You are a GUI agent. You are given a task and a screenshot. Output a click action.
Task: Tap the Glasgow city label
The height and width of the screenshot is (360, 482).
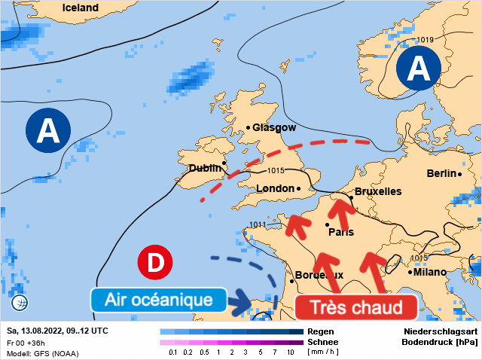coord(274,128)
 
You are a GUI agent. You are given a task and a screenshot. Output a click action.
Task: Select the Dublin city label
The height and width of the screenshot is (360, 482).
coord(204,169)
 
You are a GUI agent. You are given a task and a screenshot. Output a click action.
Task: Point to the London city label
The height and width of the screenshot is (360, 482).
coord(276,188)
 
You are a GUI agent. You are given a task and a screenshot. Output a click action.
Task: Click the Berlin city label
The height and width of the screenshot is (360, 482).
coord(441,173)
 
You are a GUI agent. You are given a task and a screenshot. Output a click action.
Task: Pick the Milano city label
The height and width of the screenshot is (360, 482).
coord(429,272)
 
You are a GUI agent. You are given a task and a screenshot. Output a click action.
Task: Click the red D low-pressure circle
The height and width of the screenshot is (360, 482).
coord(156,263)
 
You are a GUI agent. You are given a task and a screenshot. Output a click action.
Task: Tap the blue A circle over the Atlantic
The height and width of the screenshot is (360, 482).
coord(48,131)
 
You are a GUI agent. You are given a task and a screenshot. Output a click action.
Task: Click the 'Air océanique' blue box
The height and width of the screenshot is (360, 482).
coord(158,300)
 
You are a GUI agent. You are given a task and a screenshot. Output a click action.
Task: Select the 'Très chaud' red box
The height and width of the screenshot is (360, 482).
coord(355,307)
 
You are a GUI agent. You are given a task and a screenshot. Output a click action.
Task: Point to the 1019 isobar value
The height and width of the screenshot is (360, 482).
coord(426,39)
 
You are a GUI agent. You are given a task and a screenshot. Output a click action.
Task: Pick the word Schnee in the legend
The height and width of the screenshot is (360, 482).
coord(322,341)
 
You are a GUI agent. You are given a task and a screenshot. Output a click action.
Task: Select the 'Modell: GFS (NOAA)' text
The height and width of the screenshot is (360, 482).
coord(42,353)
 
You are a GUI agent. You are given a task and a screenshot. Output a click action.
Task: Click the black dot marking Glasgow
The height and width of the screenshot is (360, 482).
coord(248,128)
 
